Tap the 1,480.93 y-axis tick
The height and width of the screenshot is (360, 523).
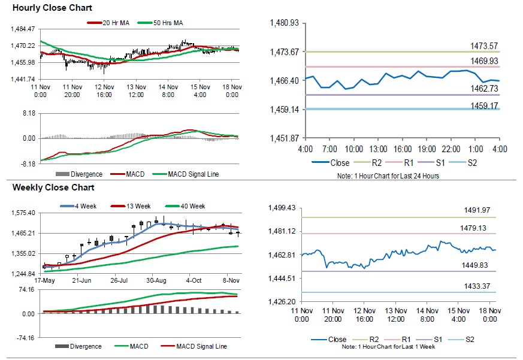[285, 23]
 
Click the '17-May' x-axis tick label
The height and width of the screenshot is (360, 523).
[45, 280]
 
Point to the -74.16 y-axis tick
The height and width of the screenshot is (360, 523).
[25, 338]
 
